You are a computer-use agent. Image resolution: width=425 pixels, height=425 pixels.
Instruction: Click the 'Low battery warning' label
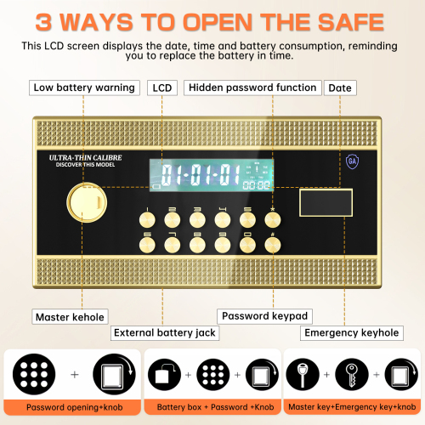point(84,88)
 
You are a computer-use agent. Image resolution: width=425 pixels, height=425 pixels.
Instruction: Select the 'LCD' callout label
point(162,88)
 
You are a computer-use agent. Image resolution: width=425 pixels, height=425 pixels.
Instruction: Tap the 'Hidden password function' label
point(252,88)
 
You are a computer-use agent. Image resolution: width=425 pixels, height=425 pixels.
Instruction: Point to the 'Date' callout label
point(341,88)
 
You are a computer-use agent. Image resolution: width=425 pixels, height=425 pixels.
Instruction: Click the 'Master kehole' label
point(70,317)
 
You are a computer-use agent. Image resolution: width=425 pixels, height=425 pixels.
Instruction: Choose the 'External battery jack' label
point(164,332)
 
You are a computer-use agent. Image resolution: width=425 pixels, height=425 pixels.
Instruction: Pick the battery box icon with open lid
point(164,375)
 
